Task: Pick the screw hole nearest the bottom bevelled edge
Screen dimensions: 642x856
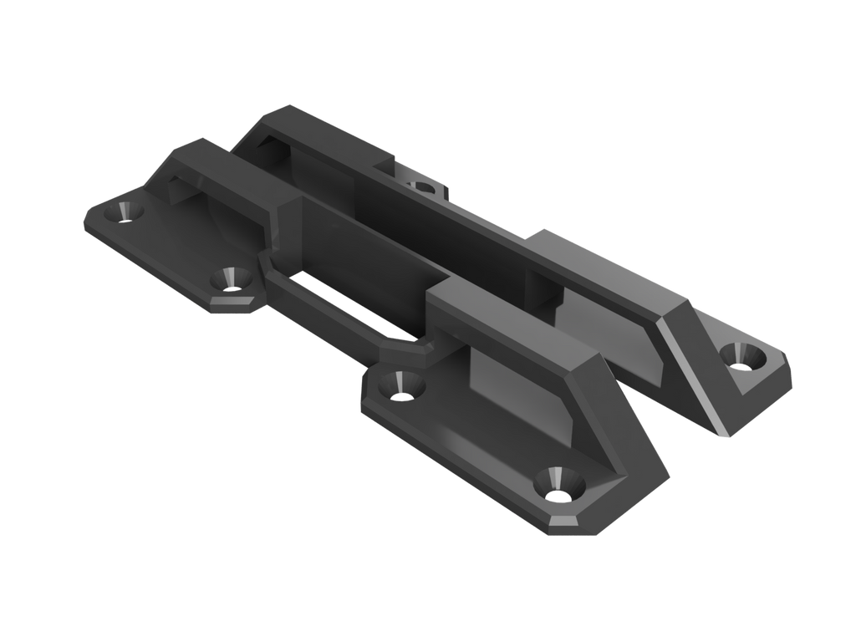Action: point(555,484)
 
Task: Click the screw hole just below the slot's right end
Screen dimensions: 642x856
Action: point(402,385)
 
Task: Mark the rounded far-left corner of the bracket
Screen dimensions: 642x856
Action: point(89,224)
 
